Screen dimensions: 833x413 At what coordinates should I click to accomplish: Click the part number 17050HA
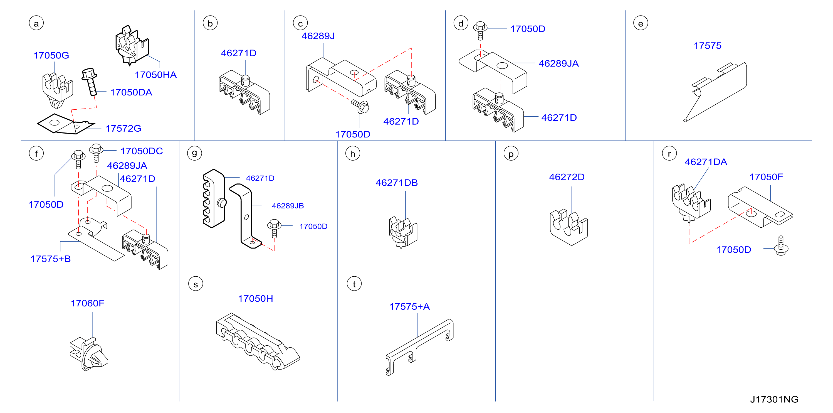pyautogui.click(x=155, y=75)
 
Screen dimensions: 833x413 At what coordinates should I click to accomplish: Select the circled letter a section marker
pyautogui.click(x=36, y=23)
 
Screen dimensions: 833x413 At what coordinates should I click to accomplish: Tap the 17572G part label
pyautogui.click(x=123, y=129)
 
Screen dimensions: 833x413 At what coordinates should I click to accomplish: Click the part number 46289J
pyautogui.click(x=318, y=36)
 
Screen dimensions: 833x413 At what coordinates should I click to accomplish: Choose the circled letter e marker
pyautogui.click(x=641, y=23)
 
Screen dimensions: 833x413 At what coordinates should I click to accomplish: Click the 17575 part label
pyautogui.click(x=708, y=46)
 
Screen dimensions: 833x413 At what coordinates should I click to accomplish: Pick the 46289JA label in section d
pyautogui.click(x=558, y=63)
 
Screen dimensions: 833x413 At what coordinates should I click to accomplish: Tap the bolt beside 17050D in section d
pyautogui.click(x=480, y=31)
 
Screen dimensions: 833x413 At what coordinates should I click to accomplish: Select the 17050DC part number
pyautogui.click(x=142, y=151)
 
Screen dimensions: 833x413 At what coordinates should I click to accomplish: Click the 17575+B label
pyautogui.click(x=50, y=259)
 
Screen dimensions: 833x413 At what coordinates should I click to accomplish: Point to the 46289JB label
pyautogui.click(x=288, y=206)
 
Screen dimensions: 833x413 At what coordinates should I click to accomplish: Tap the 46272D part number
pyautogui.click(x=567, y=177)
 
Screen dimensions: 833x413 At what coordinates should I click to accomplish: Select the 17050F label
pyautogui.click(x=766, y=177)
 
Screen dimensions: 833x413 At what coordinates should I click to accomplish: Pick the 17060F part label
pyautogui.click(x=87, y=303)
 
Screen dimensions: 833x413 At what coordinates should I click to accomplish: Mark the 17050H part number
pyautogui.click(x=255, y=298)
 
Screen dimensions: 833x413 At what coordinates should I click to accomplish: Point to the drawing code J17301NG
pyautogui.click(x=774, y=399)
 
